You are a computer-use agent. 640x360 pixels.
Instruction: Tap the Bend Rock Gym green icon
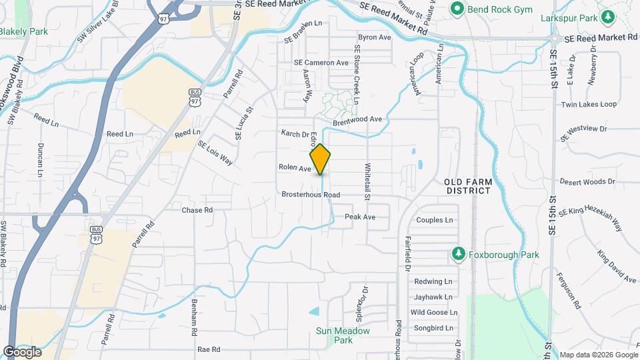(x=457, y=9)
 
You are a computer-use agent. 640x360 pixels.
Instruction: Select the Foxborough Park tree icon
(x=457, y=254)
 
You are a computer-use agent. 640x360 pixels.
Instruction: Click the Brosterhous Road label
(x=311, y=195)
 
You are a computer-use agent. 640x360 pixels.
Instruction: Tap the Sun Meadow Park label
(x=343, y=335)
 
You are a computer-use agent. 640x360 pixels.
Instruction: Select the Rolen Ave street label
(x=295, y=169)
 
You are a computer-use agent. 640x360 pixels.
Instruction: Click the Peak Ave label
(x=360, y=217)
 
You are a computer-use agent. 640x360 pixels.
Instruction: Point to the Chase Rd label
(x=197, y=210)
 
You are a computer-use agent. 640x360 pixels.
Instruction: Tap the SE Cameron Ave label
(x=321, y=63)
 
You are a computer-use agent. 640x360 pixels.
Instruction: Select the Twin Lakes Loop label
(x=589, y=105)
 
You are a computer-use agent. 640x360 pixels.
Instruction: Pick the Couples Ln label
(x=434, y=220)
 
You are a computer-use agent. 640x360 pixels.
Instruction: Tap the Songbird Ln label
(x=433, y=327)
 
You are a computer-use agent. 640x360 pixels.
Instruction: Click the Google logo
(x=22, y=351)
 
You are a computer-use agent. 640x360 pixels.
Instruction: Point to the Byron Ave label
(x=374, y=37)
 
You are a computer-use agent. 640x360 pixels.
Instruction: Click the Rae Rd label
(x=209, y=349)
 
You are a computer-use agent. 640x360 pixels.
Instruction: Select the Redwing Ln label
(x=433, y=281)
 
